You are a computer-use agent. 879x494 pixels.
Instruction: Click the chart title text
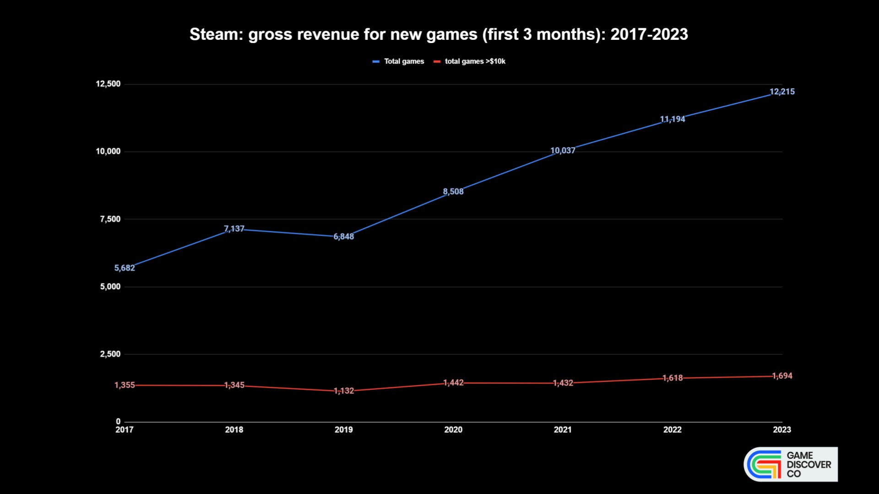click(x=439, y=34)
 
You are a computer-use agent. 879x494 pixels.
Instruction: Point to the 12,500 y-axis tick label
click(x=108, y=84)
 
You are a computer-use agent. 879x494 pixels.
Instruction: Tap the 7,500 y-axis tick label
click(x=110, y=219)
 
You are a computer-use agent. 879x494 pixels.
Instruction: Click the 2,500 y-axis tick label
click(x=110, y=354)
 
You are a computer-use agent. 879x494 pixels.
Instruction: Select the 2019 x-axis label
click(x=343, y=430)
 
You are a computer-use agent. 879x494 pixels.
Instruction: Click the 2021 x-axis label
click(x=563, y=430)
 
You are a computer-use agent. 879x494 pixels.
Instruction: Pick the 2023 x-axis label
click(x=782, y=430)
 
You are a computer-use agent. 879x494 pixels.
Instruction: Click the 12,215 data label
click(x=782, y=91)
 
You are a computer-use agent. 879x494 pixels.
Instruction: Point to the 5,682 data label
click(x=125, y=268)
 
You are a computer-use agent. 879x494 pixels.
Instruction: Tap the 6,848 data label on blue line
click(x=343, y=236)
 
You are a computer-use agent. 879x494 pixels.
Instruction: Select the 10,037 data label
click(x=563, y=150)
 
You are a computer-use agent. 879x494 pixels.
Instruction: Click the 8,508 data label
click(x=453, y=192)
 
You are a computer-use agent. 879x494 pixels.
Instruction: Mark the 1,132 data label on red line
click(x=343, y=391)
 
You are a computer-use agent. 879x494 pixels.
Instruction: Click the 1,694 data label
click(x=782, y=376)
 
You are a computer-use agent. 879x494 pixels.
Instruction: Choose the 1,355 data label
click(x=125, y=385)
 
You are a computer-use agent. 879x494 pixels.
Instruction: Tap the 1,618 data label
click(x=673, y=378)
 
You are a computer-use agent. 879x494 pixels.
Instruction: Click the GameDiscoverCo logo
click(x=791, y=464)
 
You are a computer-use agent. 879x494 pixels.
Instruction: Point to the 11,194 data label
click(x=673, y=119)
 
